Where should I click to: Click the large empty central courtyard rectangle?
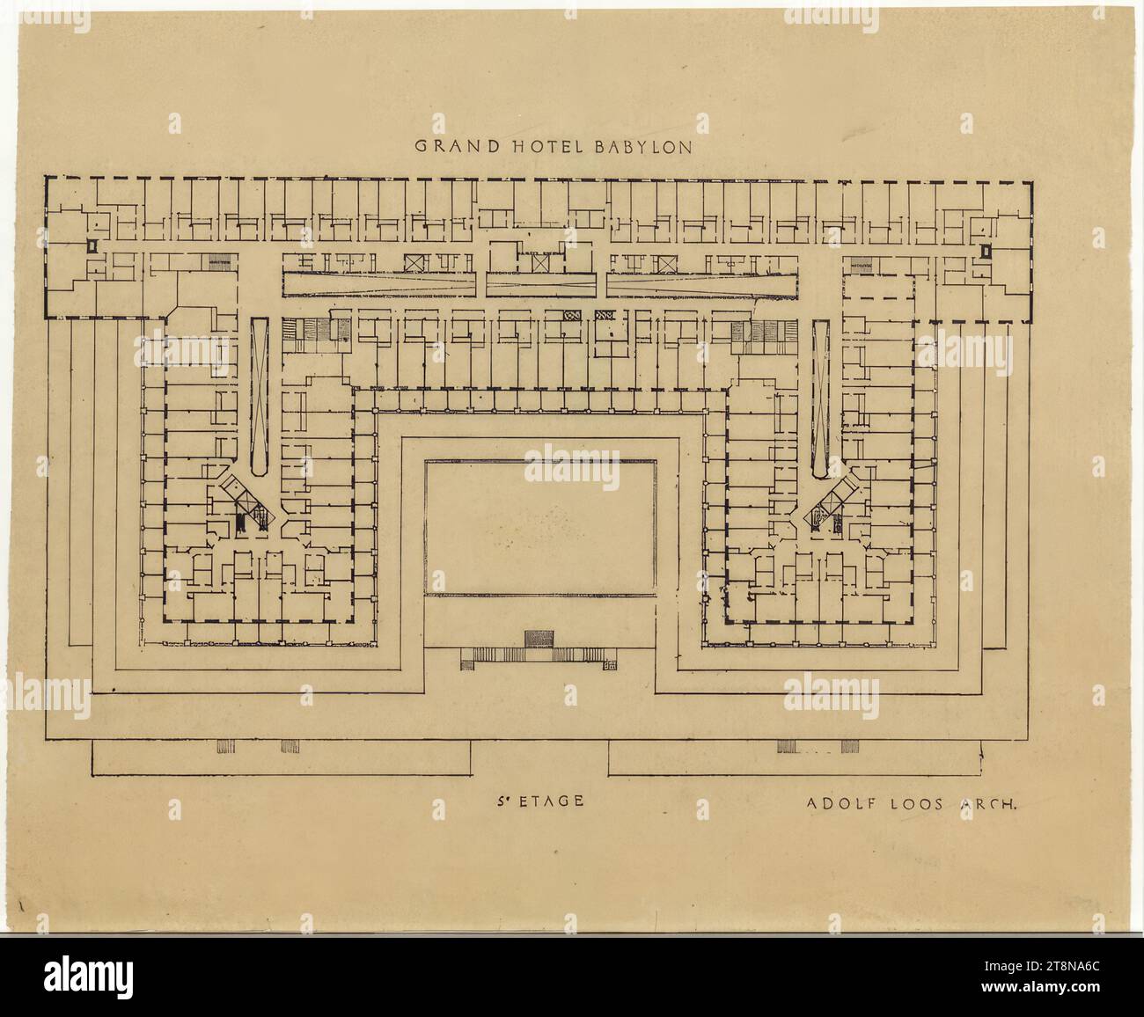[x=540, y=527]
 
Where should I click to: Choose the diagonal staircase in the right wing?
[x=831, y=505]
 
